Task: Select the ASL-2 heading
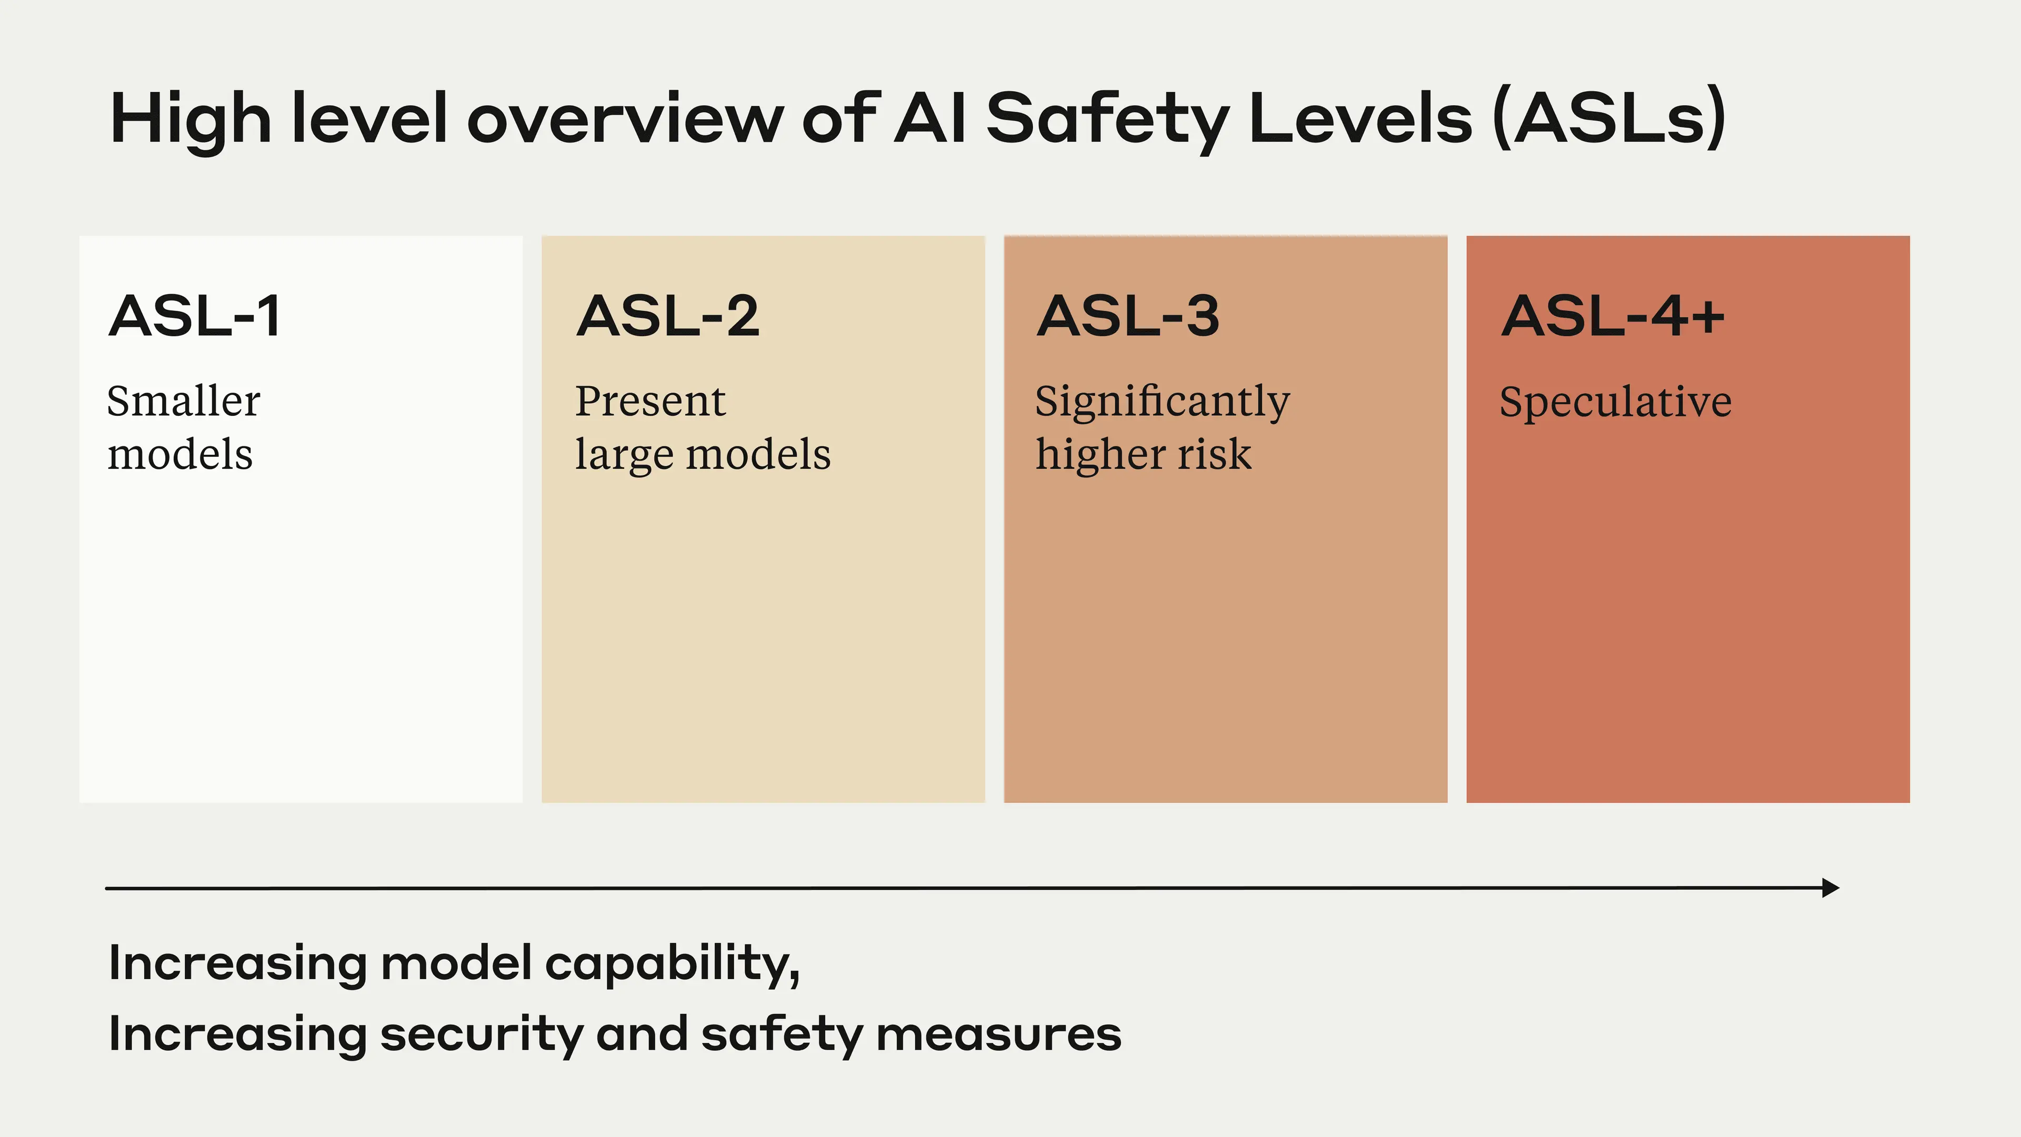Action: point(668,316)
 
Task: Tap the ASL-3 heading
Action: point(1128,316)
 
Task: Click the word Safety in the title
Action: point(1107,119)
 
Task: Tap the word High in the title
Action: point(191,119)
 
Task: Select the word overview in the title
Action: point(625,119)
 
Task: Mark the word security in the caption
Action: point(482,1034)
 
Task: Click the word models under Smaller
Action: point(179,455)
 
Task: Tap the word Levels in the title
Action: point(1361,119)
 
